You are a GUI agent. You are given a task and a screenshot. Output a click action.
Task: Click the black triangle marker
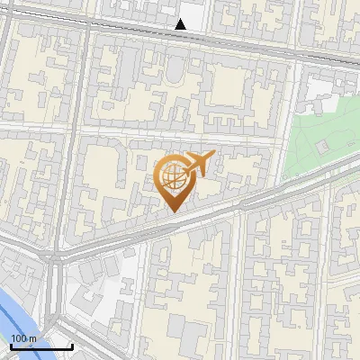coord(181,24)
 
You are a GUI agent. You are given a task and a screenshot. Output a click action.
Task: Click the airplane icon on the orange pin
coord(200,163)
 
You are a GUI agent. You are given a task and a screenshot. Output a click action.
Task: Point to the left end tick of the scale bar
coord(12,345)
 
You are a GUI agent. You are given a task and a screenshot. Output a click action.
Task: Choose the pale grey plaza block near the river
coord(99,288)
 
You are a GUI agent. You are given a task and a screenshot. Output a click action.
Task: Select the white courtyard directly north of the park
coord(319,86)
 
